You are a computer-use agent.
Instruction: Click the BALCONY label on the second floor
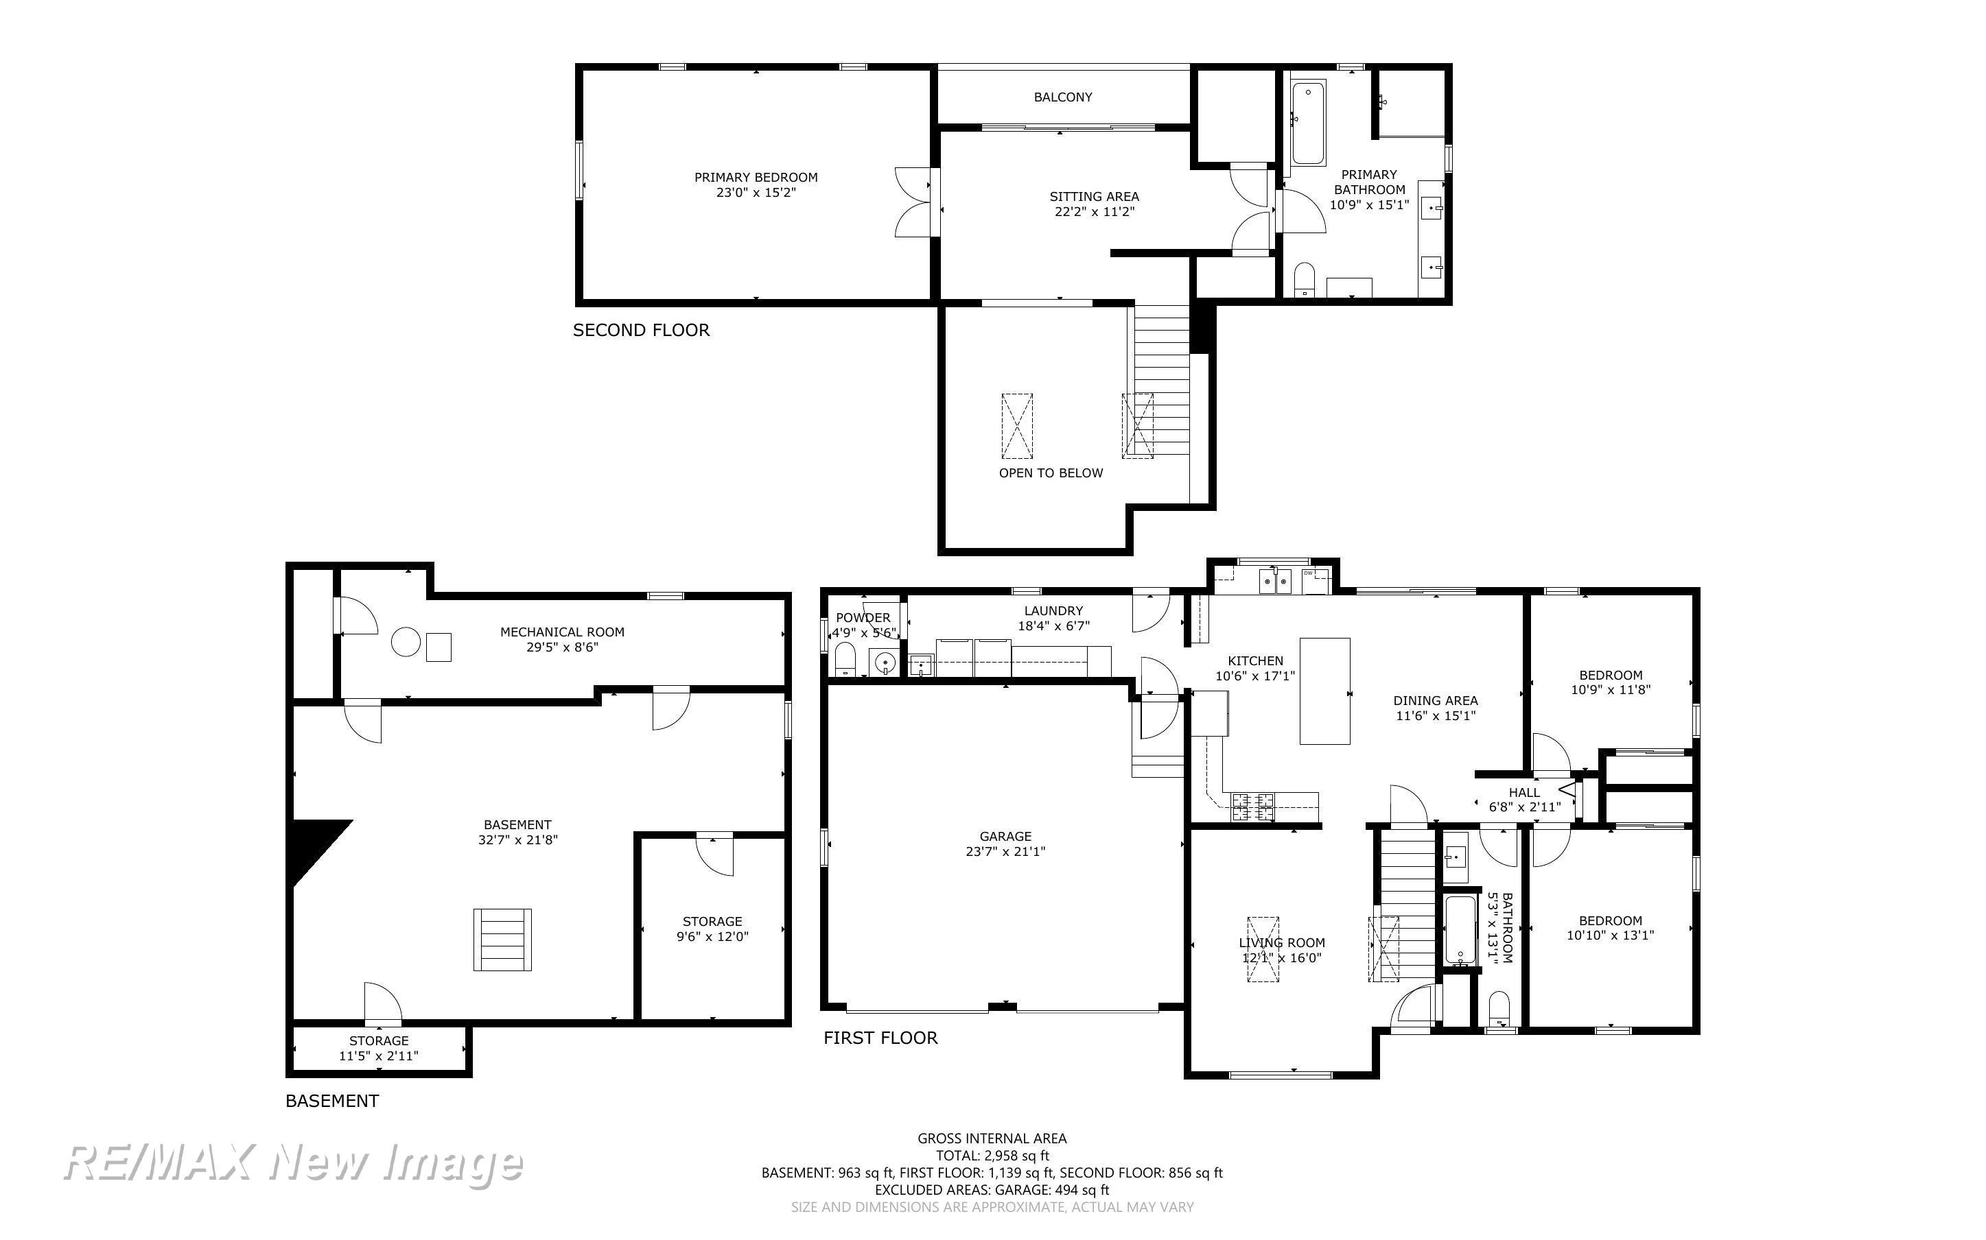tap(1062, 97)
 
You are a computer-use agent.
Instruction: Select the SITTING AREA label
tap(1095, 197)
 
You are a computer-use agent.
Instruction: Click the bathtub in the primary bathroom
tap(1307, 122)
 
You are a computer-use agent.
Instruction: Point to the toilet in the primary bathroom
tap(1303, 280)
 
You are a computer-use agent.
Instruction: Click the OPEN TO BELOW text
tap(1051, 473)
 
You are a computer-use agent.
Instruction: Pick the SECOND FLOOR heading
tap(641, 331)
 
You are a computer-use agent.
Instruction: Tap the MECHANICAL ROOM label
tap(562, 632)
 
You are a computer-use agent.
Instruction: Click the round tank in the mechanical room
tap(406, 642)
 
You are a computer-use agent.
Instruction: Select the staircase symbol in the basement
tap(502, 940)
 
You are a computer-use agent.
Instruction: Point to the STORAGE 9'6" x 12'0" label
tap(712, 929)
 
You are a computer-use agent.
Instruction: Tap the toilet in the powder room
tap(845, 659)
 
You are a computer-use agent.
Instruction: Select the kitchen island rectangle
tap(1325, 691)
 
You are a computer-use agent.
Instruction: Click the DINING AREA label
tap(1436, 701)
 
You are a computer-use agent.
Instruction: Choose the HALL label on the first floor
tap(1524, 793)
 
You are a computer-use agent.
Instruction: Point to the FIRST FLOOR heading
tap(880, 1038)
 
